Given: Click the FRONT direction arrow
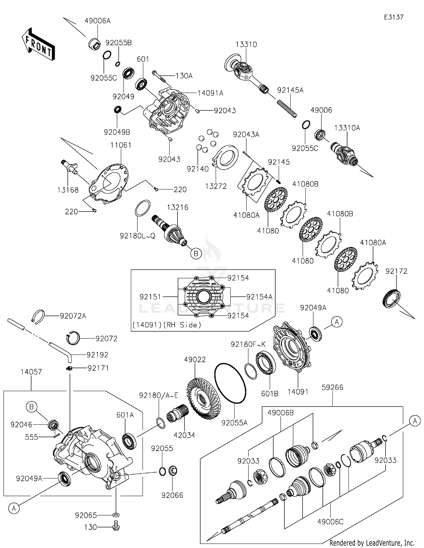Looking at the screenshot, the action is (x=38, y=45).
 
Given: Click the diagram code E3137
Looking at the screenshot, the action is (x=393, y=17).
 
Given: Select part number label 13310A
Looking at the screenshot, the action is (x=347, y=128).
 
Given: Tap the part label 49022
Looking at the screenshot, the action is (x=195, y=360).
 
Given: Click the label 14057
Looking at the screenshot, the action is (x=31, y=372).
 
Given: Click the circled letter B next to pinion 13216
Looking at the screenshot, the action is (x=196, y=254).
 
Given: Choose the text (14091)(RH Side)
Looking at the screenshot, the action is (x=167, y=325).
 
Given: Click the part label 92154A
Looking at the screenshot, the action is (x=259, y=297).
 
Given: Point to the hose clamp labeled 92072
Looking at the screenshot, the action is (x=73, y=338).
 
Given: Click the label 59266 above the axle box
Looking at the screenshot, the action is (x=332, y=387).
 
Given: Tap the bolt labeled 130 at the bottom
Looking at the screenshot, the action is (x=116, y=527).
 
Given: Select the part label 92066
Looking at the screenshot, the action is (x=172, y=495).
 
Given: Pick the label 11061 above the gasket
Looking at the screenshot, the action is (x=121, y=145).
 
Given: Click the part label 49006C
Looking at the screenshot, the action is (x=330, y=522).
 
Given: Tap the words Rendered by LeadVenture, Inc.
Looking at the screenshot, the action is (x=372, y=543).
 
